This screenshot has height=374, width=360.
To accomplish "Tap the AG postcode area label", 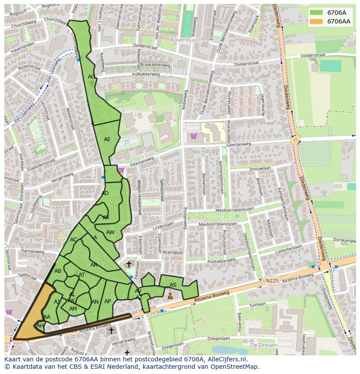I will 91,77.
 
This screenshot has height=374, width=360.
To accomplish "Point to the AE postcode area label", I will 107,139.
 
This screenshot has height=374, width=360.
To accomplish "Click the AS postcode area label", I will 173,285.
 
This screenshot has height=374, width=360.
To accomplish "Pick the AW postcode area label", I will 110,232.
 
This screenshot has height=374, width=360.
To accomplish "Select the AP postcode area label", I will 108,301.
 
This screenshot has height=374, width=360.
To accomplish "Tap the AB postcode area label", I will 58,271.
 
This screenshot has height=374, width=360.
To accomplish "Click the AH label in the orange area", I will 40,326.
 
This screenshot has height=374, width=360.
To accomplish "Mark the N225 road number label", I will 272,281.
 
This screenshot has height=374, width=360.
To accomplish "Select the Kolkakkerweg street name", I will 147,74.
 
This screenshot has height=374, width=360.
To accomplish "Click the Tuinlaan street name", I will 258,304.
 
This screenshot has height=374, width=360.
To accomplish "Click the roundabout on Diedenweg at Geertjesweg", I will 296,140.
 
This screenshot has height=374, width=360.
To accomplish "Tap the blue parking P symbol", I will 127,142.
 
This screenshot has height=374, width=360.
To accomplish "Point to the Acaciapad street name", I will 173,252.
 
